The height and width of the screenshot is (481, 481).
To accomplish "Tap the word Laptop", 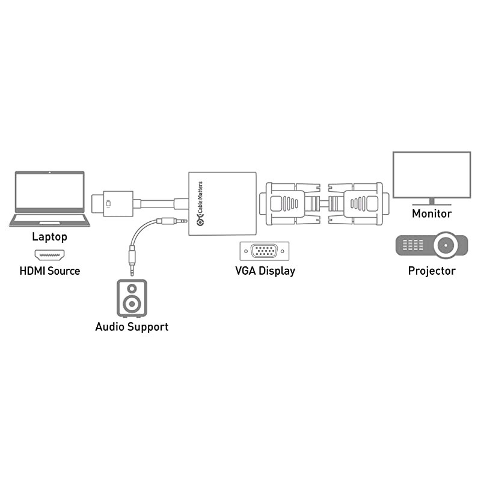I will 49,237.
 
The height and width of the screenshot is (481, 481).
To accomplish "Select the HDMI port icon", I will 49,254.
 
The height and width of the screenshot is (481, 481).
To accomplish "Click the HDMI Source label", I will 49,271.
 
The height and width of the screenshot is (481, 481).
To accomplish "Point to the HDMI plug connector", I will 112,203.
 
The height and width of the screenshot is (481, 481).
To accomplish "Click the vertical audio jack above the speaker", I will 132,256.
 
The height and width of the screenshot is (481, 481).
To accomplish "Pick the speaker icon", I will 132,298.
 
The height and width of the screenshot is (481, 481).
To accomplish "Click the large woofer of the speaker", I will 132,304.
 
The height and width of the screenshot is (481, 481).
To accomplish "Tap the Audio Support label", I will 132,327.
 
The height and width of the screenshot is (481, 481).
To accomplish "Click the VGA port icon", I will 265,251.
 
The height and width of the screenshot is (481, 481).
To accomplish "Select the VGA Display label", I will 265,271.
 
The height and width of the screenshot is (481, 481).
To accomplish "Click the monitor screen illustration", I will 431,174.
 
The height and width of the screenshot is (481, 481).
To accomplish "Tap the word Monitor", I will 432,213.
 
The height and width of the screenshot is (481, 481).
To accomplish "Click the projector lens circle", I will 446,245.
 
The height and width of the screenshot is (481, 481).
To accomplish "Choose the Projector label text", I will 432,271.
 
